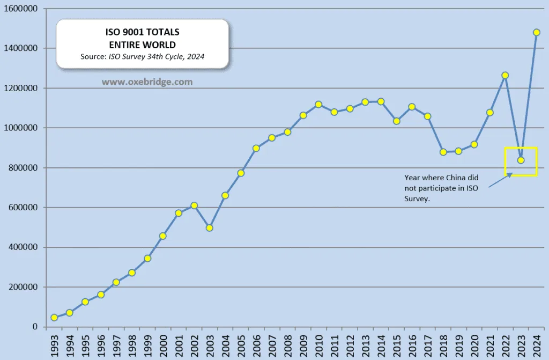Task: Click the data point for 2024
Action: (x=537, y=32)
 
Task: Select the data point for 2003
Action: (x=210, y=228)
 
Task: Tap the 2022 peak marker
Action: (x=505, y=76)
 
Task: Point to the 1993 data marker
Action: (x=54, y=318)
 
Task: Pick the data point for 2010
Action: (x=318, y=105)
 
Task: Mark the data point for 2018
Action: (x=443, y=152)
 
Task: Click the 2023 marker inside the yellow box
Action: (x=521, y=160)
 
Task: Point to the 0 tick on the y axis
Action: (x=35, y=327)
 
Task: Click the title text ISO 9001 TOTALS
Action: (x=143, y=33)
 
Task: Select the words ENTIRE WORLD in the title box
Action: (x=143, y=45)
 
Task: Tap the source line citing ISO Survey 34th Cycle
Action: (x=143, y=56)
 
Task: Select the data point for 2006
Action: (x=256, y=148)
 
